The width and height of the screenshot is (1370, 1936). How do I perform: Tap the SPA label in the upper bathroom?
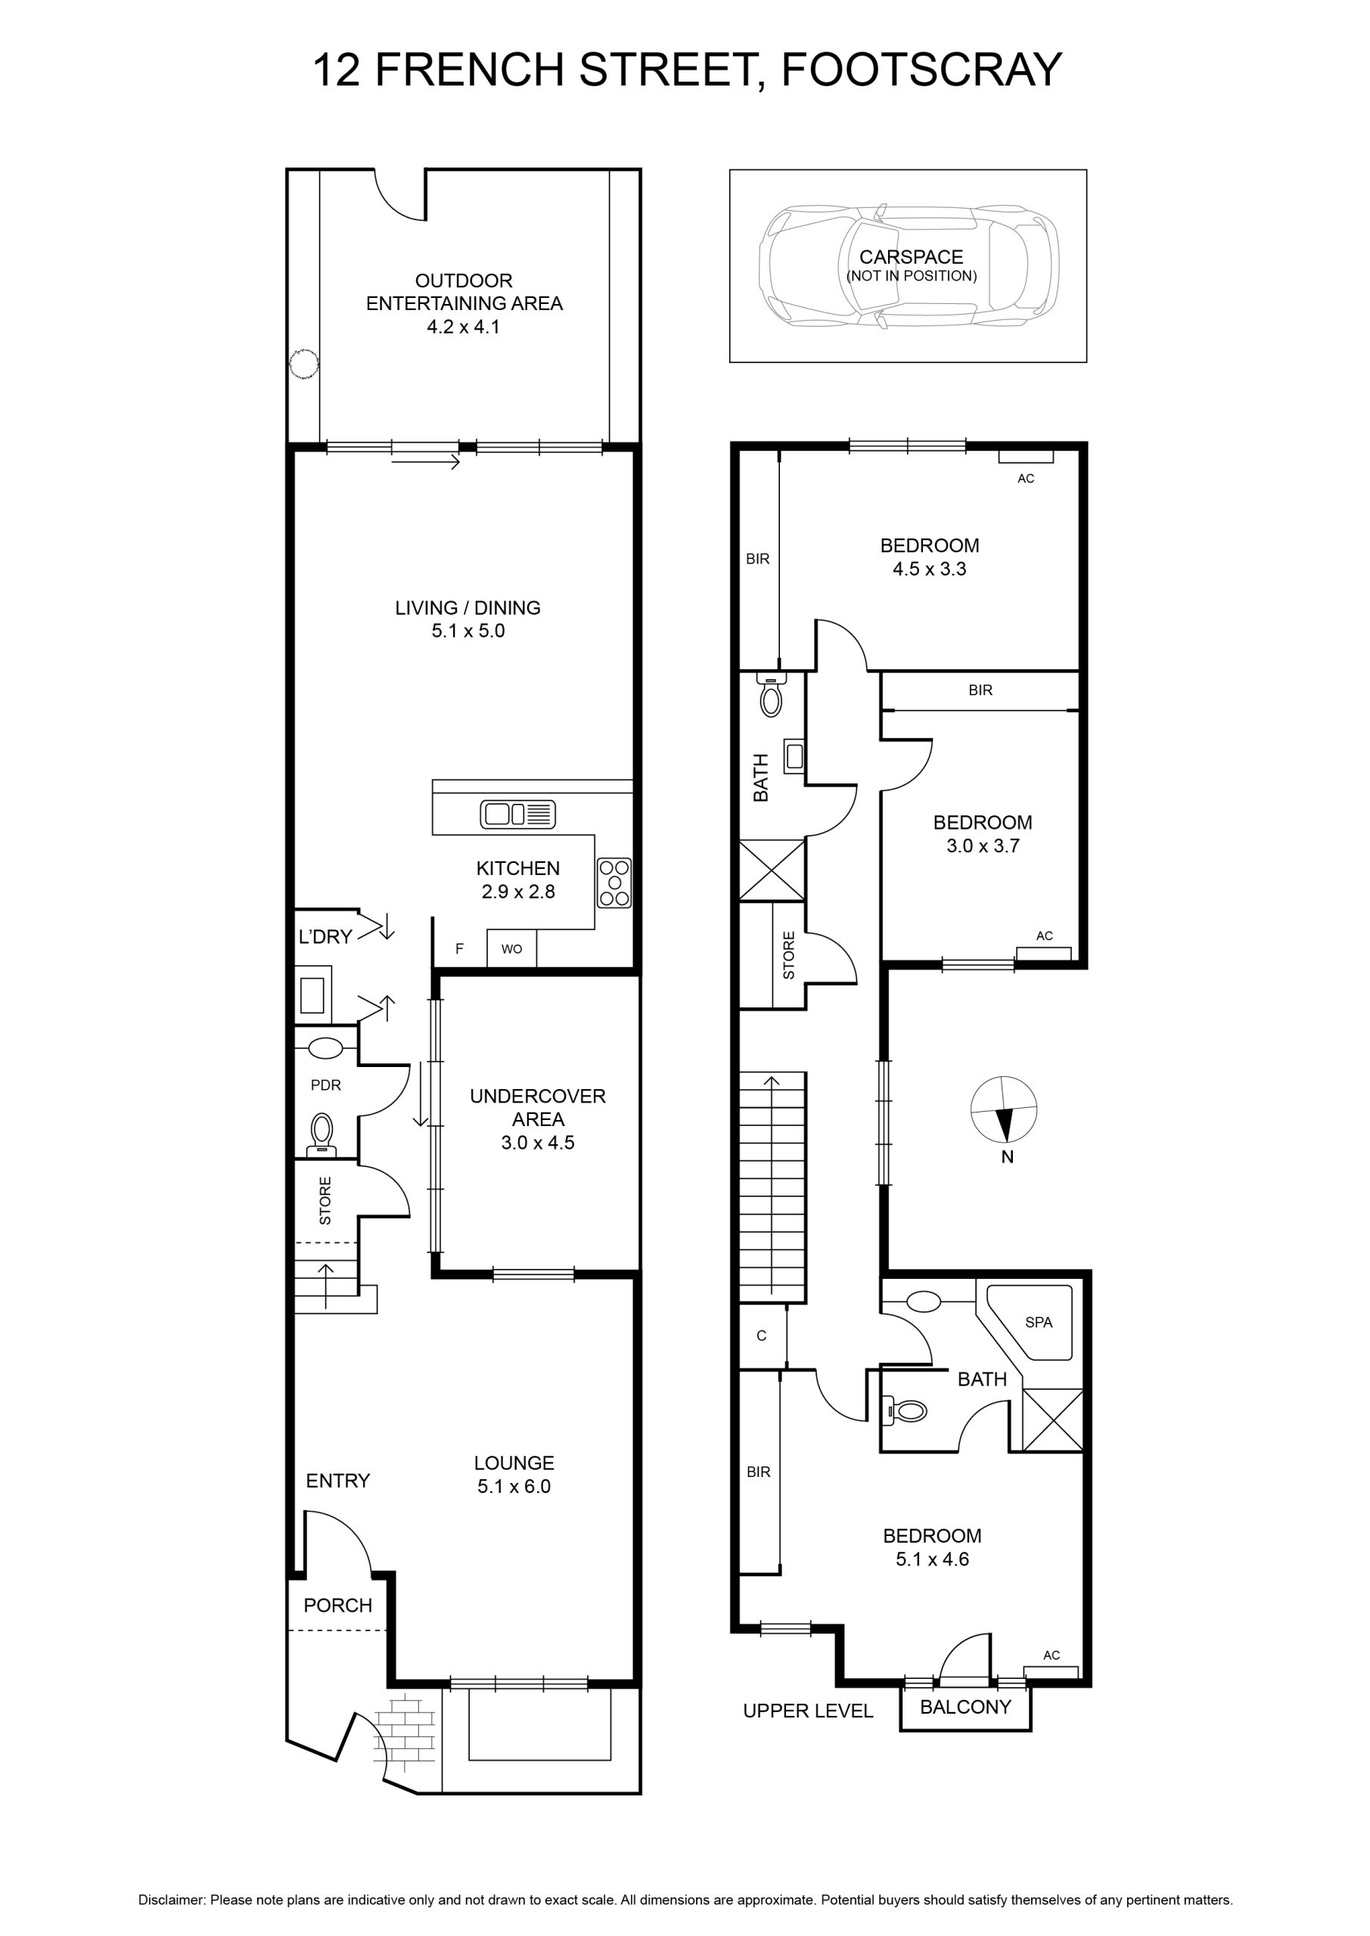(x=1039, y=1322)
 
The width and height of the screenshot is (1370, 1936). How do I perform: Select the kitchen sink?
(x=518, y=814)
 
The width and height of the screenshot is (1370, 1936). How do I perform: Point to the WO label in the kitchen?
(x=511, y=948)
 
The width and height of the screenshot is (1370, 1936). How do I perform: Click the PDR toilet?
(x=322, y=1134)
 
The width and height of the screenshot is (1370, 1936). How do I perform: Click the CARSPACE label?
(x=911, y=257)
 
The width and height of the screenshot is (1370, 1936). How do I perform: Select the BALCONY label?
(x=965, y=1707)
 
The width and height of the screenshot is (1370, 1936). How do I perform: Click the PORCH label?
(x=337, y=1606)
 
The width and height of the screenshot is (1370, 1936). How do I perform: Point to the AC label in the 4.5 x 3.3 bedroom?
(x=1026, y=479)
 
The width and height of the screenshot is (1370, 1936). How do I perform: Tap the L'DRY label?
(x=325, y=936)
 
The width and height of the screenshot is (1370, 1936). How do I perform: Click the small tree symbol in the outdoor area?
(x=303, y=365)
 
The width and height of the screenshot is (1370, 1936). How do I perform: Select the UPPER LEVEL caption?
(x=808, y=1711)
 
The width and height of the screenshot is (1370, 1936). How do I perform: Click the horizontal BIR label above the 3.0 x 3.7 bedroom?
(x=980, y=690)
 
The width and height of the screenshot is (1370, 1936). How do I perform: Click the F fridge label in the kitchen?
(x=460, y=948)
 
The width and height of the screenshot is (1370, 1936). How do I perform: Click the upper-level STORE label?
(x=789, y=955)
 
